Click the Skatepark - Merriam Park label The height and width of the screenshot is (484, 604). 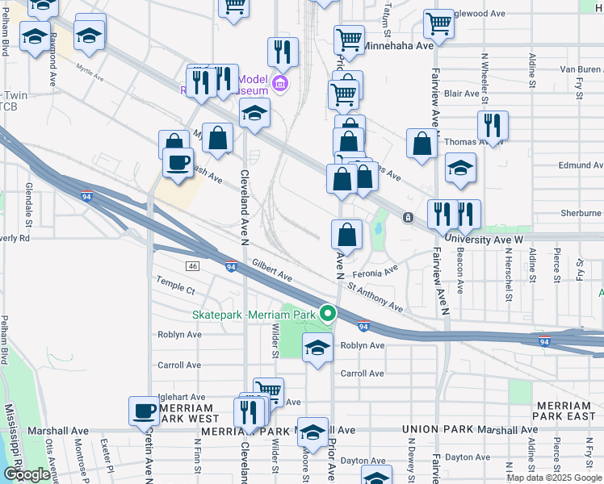tap(254, 314)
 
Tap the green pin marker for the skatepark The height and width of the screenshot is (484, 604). tap(328, 313)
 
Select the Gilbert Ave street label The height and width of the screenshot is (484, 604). tap(271, 270)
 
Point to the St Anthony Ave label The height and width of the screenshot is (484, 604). tap(375, 294)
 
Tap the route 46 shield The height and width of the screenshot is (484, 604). tap(191, 266)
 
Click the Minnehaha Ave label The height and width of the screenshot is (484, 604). tap(397, 46)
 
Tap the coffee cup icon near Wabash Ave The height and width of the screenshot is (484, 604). tap(178, 161)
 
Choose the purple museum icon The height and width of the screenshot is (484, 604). tap(280, 83)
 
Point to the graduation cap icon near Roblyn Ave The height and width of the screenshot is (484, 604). tap(317, 348)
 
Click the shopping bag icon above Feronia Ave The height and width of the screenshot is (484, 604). tap(346, 234)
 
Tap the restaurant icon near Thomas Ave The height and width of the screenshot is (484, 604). tap(492, 125)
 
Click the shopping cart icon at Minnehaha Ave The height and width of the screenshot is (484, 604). tap(349, 39)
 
